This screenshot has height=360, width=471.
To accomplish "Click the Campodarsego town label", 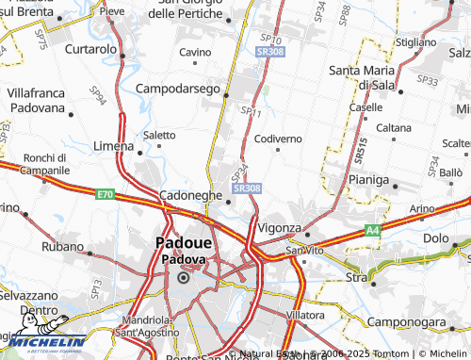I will [177, 87].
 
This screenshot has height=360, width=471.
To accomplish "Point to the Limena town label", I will [114, 146].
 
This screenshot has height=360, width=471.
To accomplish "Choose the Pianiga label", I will [367, 179].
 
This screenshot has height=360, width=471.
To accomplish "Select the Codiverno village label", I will [278, 139].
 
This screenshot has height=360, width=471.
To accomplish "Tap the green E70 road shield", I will [105, 194].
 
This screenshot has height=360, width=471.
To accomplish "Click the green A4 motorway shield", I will [373, 229].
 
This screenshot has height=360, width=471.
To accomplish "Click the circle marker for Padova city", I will [185, 278].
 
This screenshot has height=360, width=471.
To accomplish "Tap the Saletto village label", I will [158, 135].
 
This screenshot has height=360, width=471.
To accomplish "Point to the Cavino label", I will [195, 51].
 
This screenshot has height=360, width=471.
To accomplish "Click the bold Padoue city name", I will [185, 241].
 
